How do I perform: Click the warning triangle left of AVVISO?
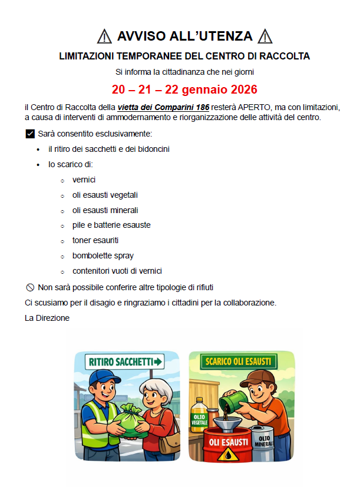[104, 36]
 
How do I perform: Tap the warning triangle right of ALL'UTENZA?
[266, 36]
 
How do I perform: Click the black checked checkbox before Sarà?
[31, 134]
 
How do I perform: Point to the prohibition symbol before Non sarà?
[31, 287]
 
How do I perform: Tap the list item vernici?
[84, 180]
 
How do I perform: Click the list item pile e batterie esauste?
[111, 225]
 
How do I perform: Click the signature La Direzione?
[47, 318]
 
